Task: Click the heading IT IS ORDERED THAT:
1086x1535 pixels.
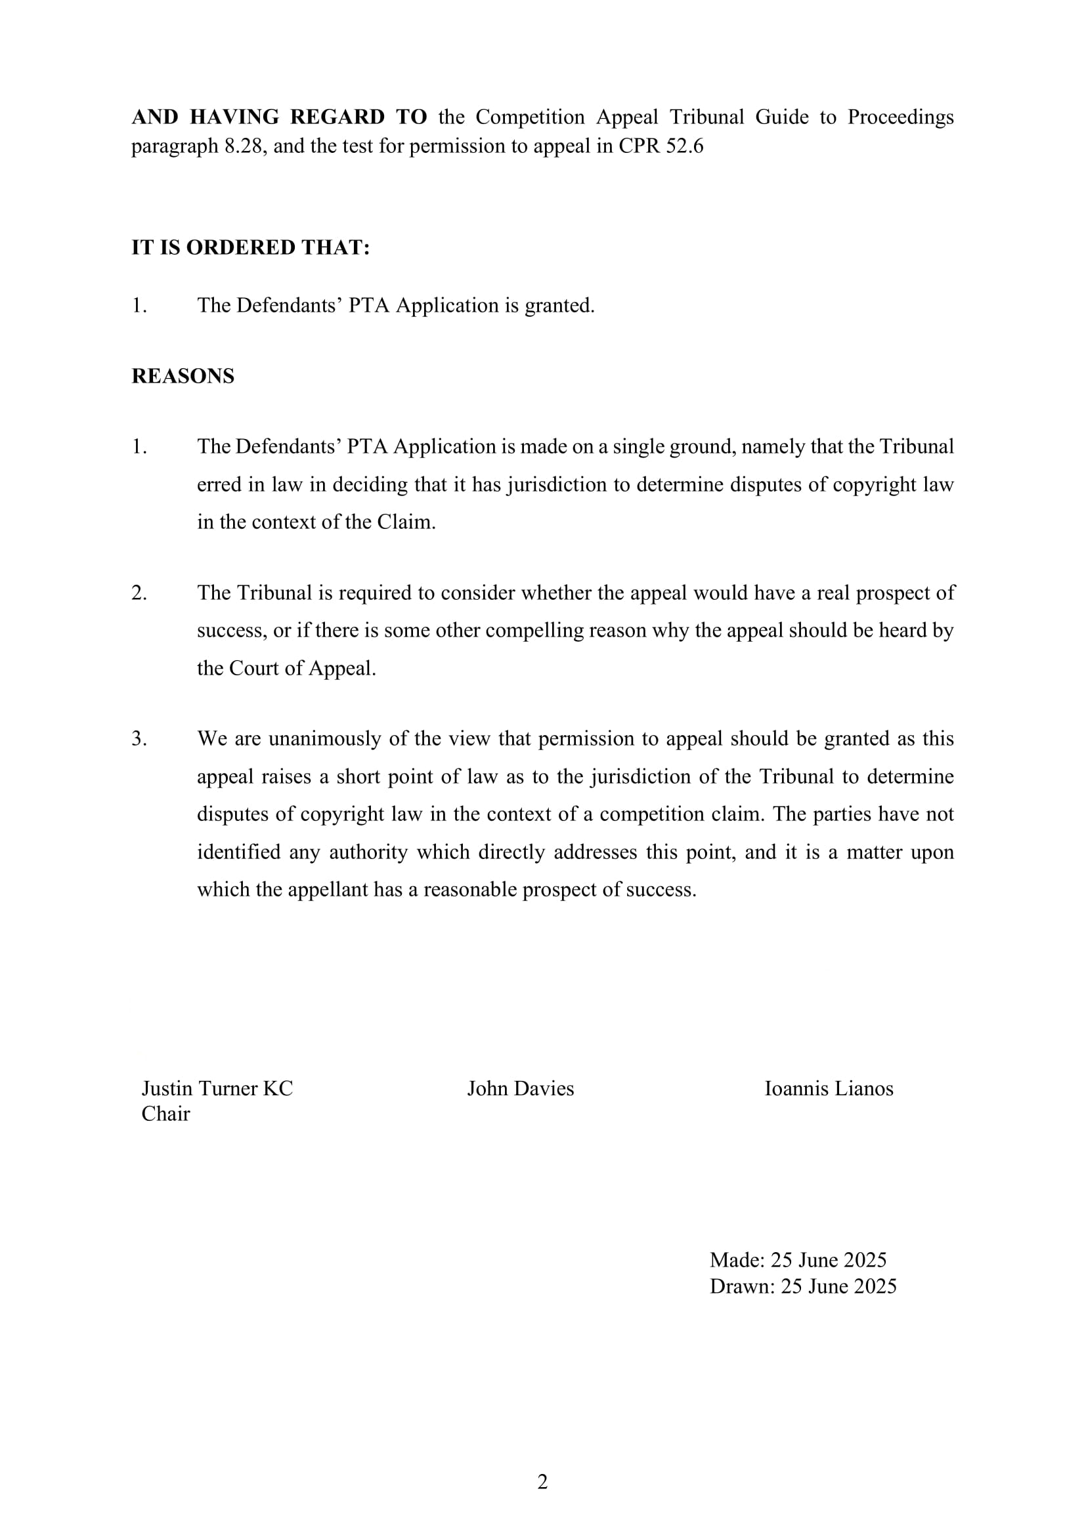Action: click(x=250, y=247)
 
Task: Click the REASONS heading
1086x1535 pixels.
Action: click(x=183, y=376)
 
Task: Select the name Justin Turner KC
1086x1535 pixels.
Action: click(x=217, y=1088)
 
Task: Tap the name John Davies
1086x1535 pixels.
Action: click(x=520, y=1088)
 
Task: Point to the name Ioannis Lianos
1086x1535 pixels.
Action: click(x=829, y=1088)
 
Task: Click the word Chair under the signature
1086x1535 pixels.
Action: click(x=165, y=1114)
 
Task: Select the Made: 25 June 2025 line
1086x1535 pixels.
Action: click(x=798, y=1259)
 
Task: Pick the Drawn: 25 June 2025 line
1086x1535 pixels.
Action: click(x=802, y=1286)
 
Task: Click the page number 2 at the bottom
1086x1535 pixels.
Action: click(x=542, y=1482)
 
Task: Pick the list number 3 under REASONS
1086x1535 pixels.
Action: click(x=139, y=739)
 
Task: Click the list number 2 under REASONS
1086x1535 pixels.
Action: click(x=139, y=593)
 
